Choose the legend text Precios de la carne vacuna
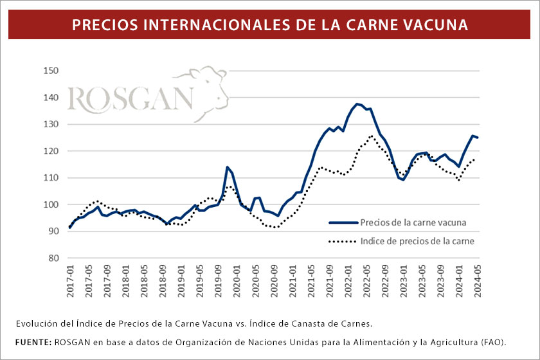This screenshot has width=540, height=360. coord(413,223)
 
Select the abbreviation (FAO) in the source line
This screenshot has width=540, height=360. coord(491,340)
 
